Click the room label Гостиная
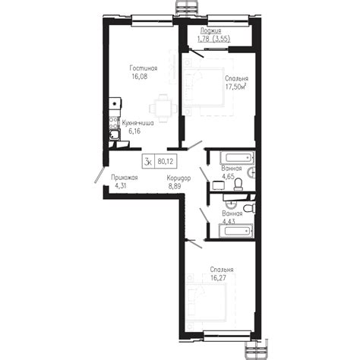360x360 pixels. pos(144,68)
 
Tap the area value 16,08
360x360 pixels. pos(139,77)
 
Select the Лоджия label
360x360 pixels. pos(211,31)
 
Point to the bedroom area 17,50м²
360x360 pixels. pos(236,87)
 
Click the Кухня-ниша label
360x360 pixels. pos(137,123)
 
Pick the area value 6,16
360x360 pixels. pos(134,131)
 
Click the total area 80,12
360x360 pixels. pos(166,161)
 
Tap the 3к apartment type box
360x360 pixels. pos(148,161)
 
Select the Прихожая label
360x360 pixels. pos(125,178)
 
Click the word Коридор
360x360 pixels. pos(178,178)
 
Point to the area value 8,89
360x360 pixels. pos(175,186)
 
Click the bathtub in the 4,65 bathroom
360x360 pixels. pos(237,158)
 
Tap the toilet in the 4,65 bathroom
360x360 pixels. pos(238,184)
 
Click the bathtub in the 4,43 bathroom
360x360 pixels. pos(235,231)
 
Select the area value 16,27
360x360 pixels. pos(219,278)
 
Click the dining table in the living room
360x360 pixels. pos(163,109)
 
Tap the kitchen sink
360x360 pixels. pos(115,134)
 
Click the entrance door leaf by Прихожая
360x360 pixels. pos(99,175)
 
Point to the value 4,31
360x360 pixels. pos(121,186)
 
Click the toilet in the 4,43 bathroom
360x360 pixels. pos(250,208)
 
